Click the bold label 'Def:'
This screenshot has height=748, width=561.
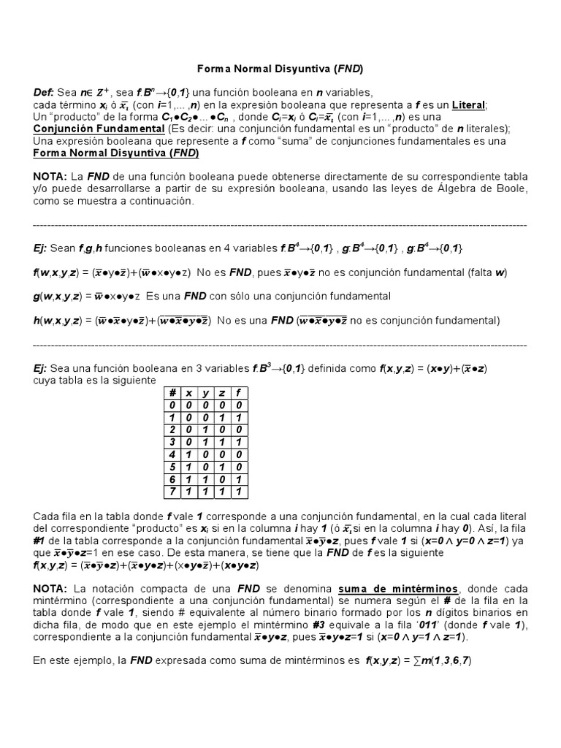click(x=44, y=92)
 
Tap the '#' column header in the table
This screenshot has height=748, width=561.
click(x=173, y=392)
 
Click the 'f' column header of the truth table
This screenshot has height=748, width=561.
click(x=238, y=392)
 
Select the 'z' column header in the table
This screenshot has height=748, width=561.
click(x=222, y=392)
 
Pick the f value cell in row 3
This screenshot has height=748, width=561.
click(x=238, y=442)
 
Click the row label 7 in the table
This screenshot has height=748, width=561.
click(x=173, y=492)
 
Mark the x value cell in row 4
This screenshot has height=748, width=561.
click(x=189, y=454)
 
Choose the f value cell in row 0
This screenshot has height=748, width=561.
click(x=238, y=405)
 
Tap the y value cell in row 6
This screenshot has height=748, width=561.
click(x=205, y=479)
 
